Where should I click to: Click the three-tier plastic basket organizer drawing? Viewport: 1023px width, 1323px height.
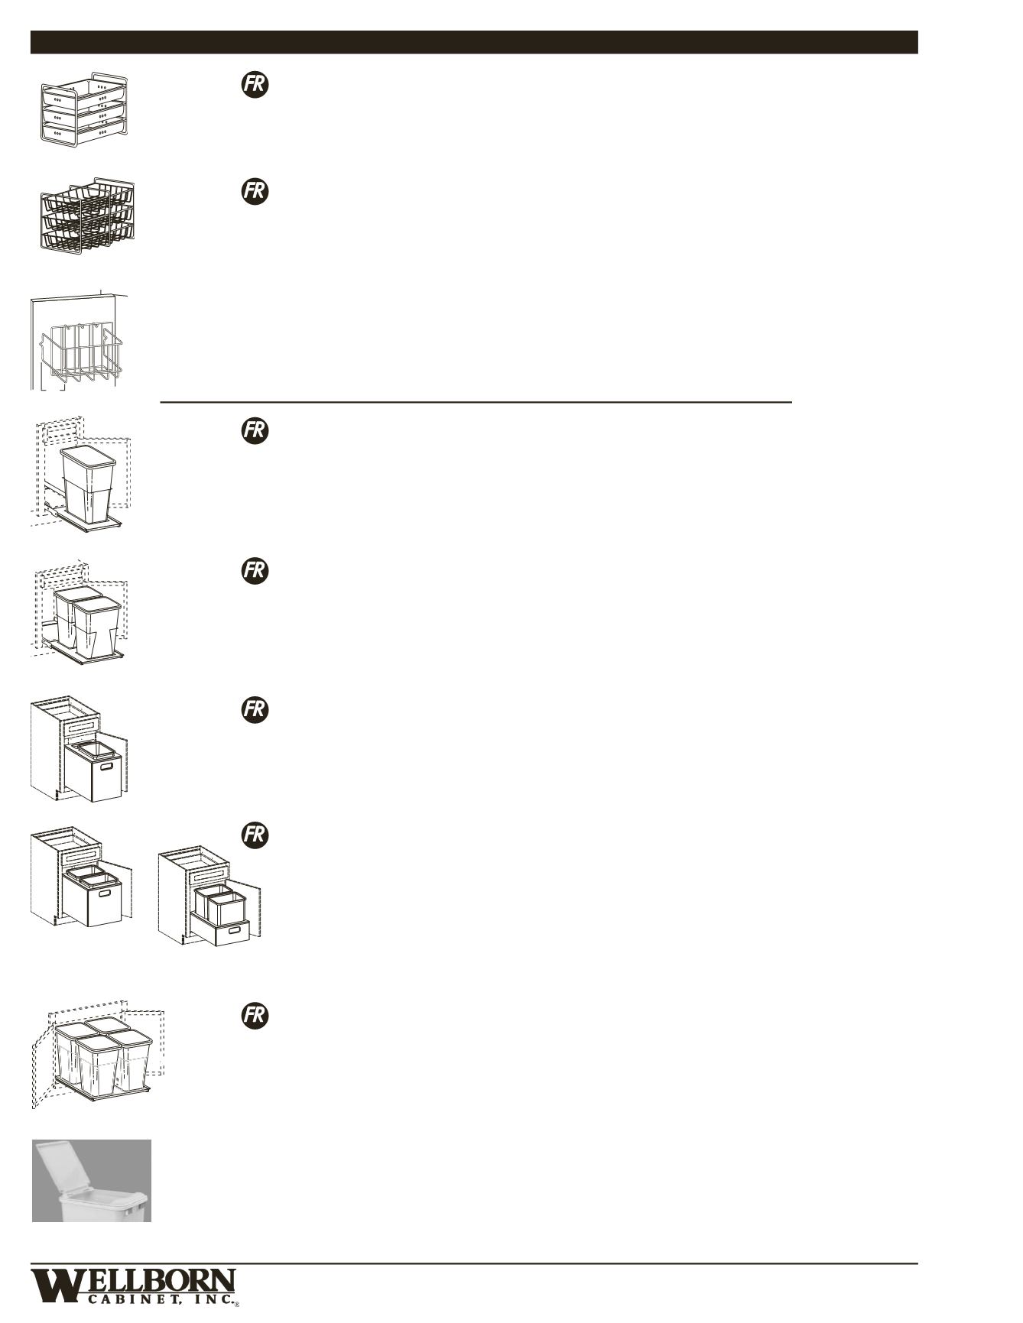tap(84, 110)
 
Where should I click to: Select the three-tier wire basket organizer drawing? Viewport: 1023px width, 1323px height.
tap(86, 217)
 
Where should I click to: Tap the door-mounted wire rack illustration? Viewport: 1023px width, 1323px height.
tap(79, 342)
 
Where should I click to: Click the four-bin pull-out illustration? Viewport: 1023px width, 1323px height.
tap(99, 1055)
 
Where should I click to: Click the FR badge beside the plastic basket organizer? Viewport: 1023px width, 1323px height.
tap(255, 84)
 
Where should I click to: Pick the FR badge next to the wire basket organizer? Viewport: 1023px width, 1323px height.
tap(255, 190)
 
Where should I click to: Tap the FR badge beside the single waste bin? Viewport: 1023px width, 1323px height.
tap(255, 431)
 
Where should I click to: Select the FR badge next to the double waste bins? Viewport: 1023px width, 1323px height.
tap(255, 570)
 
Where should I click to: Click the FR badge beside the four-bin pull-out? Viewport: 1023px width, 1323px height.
tap(255, 1015)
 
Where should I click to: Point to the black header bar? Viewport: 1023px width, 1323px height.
tap(474, 42)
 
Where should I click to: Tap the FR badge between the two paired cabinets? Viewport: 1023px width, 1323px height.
tap(255, 835)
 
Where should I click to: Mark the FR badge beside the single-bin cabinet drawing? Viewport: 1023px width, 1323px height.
tap(255, 709)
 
